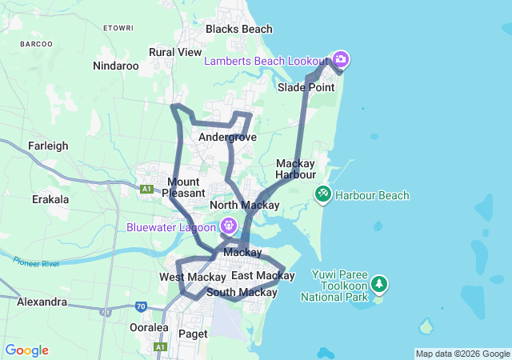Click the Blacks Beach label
238,29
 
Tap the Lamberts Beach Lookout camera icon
341,59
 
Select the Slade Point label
306,87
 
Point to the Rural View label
175,52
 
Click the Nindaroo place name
116,66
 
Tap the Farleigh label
48,146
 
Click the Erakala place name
50,199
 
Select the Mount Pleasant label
184,187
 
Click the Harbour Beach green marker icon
323,194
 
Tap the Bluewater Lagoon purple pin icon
229,226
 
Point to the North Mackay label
244,206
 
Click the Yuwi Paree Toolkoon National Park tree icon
378,284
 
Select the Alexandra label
42,302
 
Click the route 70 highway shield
142,306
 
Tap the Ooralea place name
149,327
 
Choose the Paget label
193,334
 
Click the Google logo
26,350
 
